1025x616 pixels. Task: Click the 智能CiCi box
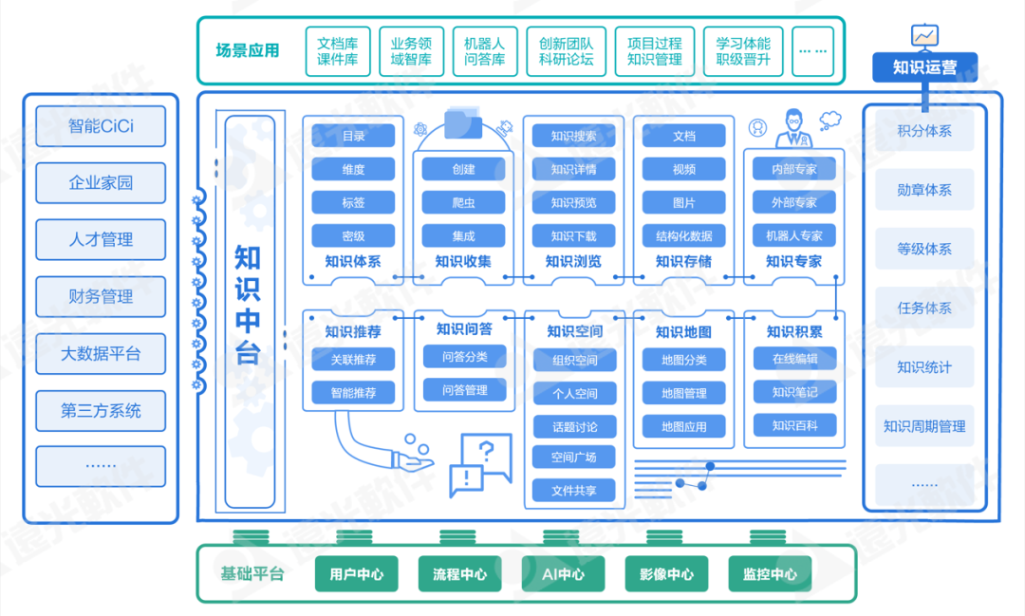(101, 126)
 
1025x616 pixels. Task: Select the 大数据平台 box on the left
(101, 354)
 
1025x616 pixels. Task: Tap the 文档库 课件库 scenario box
(337, 51)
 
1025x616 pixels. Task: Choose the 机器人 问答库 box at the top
(484, 51)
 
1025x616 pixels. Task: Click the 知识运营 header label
(924, 67)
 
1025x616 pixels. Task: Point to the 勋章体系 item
(924, 190)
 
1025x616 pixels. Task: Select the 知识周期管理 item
(924, 426)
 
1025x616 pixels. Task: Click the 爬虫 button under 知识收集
(463, 202)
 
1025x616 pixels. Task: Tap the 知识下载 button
(573, 235)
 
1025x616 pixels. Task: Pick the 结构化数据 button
(683, 235)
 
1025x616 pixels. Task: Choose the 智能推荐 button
(353, 392)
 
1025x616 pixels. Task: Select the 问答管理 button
(464, 389)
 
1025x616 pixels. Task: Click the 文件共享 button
(573, 491)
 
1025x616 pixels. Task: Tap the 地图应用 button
(683, 426)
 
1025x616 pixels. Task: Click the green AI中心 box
(564, 574)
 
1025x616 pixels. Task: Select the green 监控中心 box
(770, 574)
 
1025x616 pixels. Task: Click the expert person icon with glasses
(793, 128)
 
